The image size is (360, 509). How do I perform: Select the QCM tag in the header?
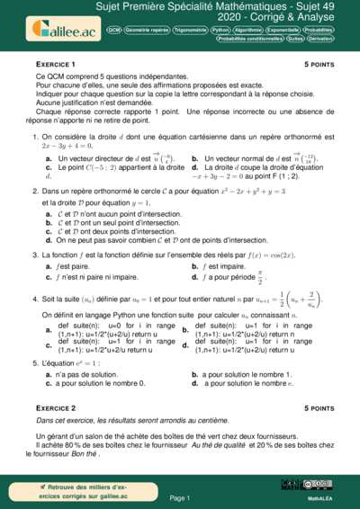pos(114,30)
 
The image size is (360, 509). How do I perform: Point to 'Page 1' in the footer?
pos(179,496)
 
